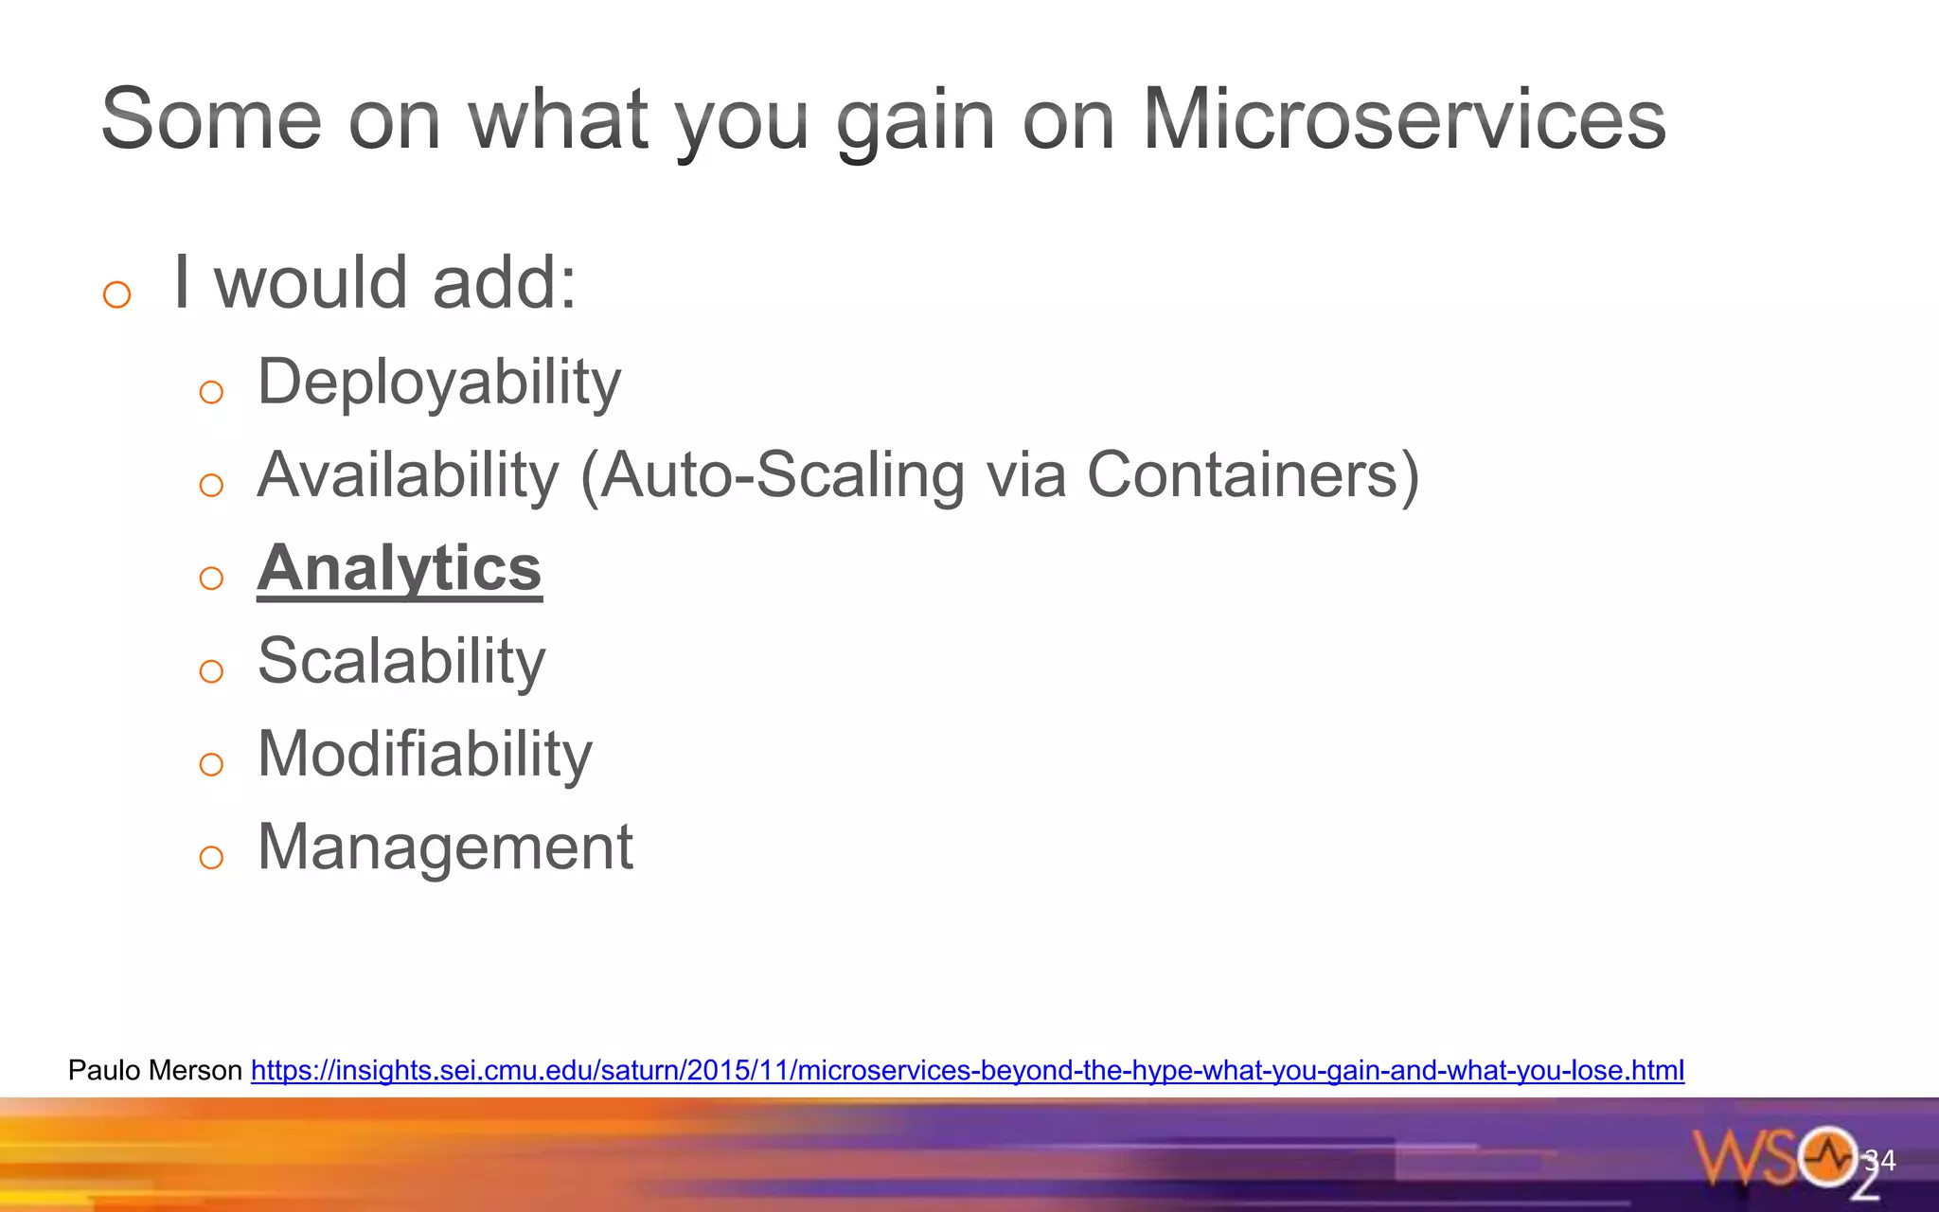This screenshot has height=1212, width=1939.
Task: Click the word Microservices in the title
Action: click(1403, 120)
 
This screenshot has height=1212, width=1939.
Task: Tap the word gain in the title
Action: click(916, 120)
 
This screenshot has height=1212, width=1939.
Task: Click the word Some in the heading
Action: click(211, 120)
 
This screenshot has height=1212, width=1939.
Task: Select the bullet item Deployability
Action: click(439, 383)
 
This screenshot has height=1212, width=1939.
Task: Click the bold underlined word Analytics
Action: click(400, 568)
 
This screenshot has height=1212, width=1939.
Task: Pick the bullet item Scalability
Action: click(401, 661)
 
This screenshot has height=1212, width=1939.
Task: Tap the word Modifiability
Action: click(425, 754)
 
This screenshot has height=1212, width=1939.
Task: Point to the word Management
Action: click(445, 847)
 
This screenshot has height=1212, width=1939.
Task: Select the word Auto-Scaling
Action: click(782, 475)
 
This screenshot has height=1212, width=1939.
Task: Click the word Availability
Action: click(408, 475)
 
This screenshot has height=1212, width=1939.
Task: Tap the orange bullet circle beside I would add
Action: click(116, 294)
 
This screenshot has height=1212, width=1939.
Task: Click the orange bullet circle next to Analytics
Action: click(211, 578)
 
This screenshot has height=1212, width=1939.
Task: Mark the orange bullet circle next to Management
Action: click(211, 857)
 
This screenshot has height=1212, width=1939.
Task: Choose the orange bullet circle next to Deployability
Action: click(211, 392)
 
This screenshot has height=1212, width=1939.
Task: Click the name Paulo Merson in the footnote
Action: click(155, 1071)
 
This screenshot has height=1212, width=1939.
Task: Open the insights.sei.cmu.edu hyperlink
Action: click(967, 1071)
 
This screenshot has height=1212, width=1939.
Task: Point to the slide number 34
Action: click(1881, 1160)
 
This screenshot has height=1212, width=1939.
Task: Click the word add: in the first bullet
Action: click(504, 283)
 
